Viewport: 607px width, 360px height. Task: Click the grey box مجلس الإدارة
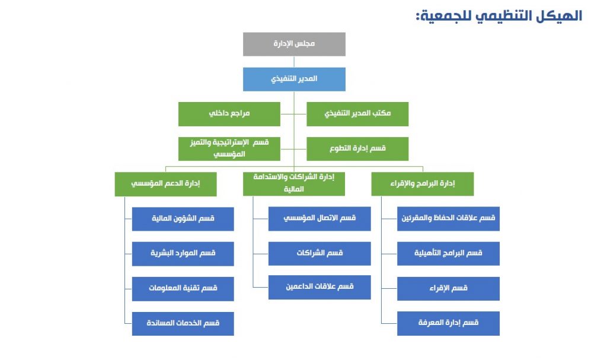[294, 44]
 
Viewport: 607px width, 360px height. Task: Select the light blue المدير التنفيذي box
[294, 79]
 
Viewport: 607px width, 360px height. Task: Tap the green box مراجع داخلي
[229, 114]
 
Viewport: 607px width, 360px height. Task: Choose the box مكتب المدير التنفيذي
[357, 114]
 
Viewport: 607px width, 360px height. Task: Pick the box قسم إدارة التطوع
[357, 149]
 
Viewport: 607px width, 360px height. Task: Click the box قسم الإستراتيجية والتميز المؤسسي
[229, 149]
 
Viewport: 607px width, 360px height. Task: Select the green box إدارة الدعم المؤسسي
[166, 184]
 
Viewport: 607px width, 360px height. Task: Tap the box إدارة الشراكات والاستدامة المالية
[294, 184]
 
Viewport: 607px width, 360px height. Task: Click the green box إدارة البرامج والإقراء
[422, 184]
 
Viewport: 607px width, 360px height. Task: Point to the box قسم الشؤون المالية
[183, 219]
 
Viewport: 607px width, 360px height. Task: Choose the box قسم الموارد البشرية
[183, 254]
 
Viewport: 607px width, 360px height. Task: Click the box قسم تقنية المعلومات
[183, 289]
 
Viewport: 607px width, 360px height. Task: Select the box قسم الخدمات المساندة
[183, 324]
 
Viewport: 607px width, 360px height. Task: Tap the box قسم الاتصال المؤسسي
[320, 219]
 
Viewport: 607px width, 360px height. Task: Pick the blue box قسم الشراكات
[320, 254]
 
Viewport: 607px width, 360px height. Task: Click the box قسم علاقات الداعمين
[320, 287]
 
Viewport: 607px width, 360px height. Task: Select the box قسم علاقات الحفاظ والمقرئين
[448, 219]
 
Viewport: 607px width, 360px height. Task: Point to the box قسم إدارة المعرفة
[448, 324]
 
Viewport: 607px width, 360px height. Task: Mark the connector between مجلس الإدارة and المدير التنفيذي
[294, 62]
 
